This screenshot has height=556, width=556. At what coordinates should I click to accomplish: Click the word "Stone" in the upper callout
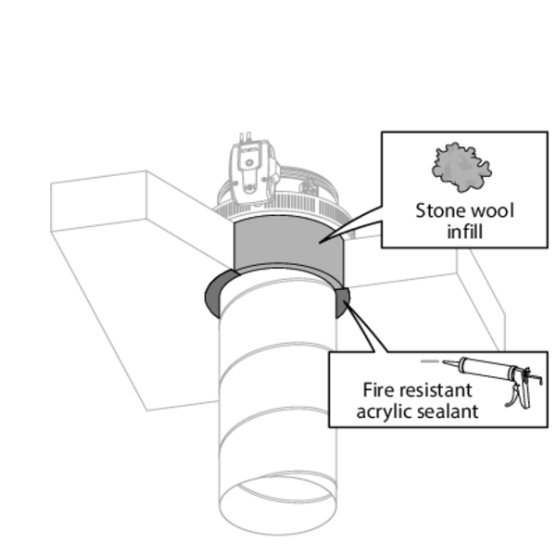(440, 210)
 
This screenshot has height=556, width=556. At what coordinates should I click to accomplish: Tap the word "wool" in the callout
(490, 210)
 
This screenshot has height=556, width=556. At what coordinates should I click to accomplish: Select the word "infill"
(464, 230)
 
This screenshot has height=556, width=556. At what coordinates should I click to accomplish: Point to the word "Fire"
(380, 390)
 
